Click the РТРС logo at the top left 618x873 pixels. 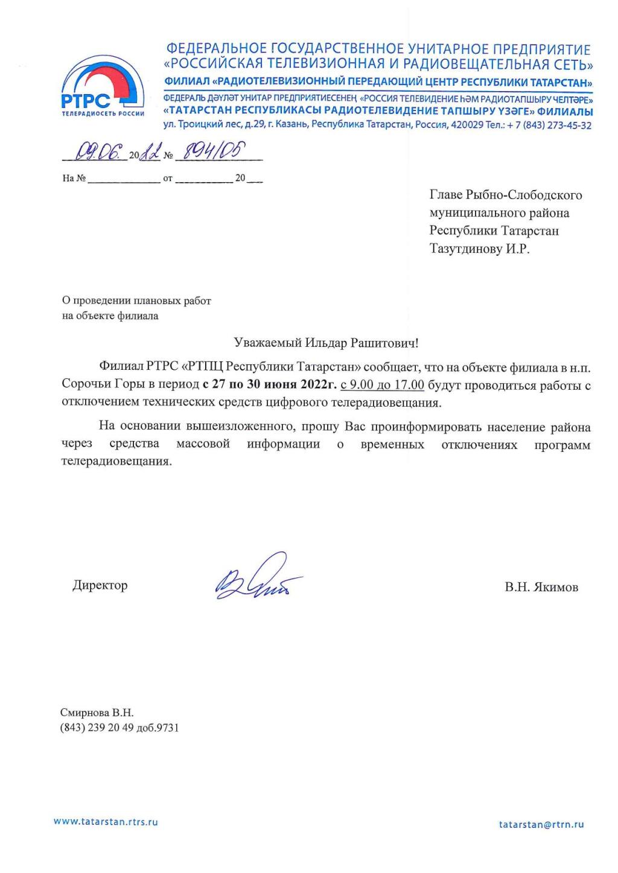[103, 87]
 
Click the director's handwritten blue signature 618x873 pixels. [257, 577]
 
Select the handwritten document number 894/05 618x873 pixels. [208, 153]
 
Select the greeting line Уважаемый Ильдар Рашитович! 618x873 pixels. [326, 343]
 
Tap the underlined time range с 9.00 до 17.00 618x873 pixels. [382, 384]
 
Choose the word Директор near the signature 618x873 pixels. [100, 585]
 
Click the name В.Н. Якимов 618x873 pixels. [541, 587]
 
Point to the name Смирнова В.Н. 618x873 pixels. [97, 713]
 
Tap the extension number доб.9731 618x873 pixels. [158, 728]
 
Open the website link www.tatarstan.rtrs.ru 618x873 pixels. [106, 822]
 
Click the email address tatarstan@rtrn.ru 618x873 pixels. [541, 825]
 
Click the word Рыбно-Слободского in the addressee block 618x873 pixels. [524, 195]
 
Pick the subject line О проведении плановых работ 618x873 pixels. [136, 300]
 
